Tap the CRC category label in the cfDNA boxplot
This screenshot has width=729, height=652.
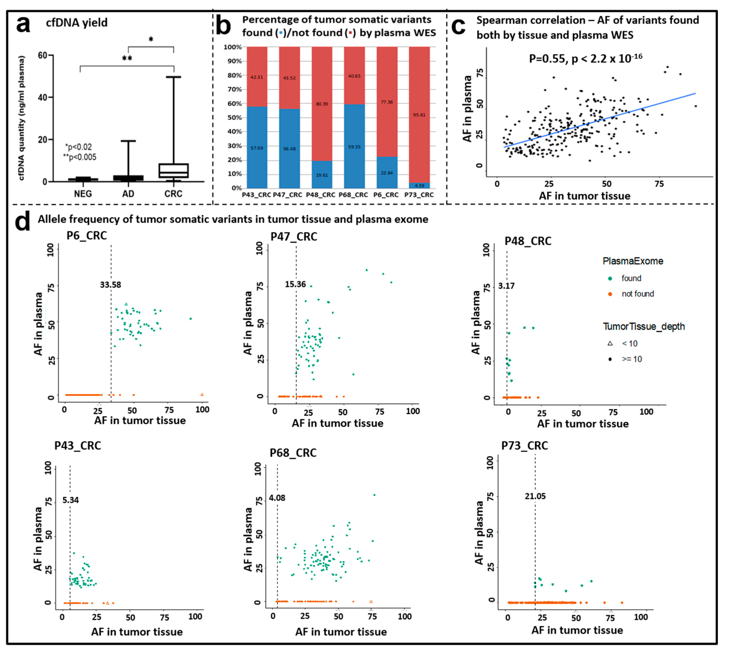coord(173,194)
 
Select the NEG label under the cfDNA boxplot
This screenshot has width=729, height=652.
coord(83,194)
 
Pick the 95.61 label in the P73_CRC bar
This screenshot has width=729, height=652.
coord(419,115)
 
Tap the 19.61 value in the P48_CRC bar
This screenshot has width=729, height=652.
coord(322,175)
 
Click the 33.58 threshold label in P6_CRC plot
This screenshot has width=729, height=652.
coord(110,285)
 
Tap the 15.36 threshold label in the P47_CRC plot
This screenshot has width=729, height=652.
coord(295,285)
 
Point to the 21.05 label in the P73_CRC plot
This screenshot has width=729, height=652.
coord(535,496)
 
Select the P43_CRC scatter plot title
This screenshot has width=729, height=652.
coord(78,446)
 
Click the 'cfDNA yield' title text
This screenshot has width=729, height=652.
coord(77,22)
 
